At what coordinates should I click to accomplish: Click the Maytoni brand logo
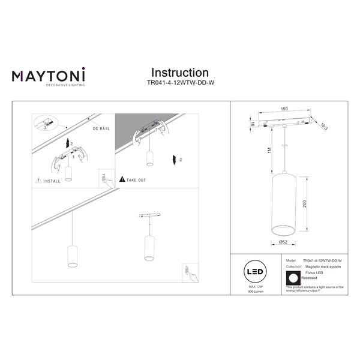tap(49, 77)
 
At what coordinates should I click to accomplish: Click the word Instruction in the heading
tap(180, 73)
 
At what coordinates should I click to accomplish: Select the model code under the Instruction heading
tap(180, 85)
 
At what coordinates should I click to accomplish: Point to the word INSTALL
tap(52, 179)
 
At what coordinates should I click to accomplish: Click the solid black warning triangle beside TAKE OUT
tap(122, 179)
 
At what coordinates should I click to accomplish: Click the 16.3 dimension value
tap(325, 125)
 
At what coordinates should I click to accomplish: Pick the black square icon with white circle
tap(293, 278)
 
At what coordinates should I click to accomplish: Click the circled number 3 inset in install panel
tap(43, 128)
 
